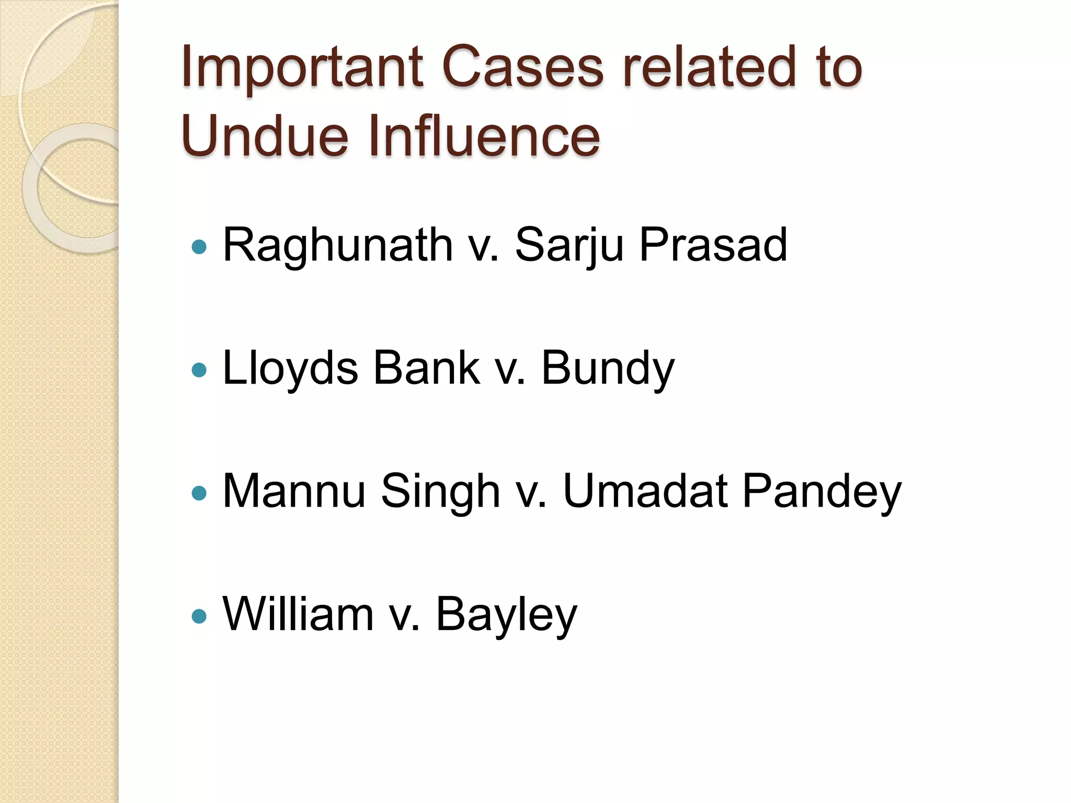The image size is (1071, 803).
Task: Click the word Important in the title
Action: [x=302, y=68]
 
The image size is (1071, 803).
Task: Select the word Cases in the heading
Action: [x=523, y=68]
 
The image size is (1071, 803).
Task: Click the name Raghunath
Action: [x=337, y=246]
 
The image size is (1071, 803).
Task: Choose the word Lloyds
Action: [x=290, y=369]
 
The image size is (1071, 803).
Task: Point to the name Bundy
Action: [x=608, y=369]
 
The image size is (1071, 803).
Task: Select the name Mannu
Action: [x=294, y=491]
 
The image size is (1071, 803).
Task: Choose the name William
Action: [x=298, y=614]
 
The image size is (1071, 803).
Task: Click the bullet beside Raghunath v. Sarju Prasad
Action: [x=199, y=247]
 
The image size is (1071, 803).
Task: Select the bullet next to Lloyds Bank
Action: [x=199, y=370]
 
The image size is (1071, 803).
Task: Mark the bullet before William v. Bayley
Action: [x=199, y=616]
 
